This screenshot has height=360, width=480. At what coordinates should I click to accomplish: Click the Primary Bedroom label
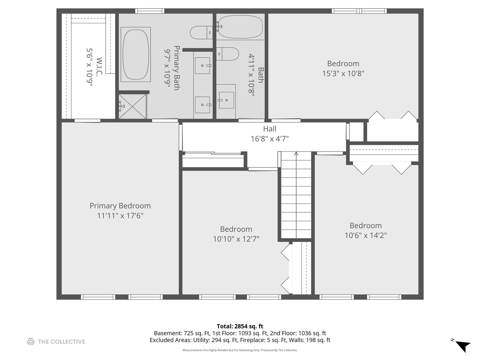120,206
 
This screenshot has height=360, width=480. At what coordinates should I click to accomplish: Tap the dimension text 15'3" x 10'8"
343,73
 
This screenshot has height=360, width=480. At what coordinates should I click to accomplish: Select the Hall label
270,129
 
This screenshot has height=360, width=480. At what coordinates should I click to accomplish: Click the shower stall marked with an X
133,106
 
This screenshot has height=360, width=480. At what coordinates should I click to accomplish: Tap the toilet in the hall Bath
228,54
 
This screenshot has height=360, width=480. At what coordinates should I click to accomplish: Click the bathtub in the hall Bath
240,27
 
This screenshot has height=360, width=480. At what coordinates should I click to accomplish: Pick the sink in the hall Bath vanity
226,100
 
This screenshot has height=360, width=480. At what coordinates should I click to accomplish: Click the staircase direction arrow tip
296,153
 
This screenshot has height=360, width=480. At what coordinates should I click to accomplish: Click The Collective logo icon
31,341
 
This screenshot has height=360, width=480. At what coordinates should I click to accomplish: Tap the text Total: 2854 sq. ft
240,326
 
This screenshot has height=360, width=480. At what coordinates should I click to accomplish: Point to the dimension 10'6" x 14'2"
366,235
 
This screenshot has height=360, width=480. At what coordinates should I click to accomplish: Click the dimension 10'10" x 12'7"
236,239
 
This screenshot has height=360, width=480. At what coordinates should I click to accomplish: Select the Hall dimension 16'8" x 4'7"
270,139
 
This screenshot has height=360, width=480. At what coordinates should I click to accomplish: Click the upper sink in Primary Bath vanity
202,66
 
